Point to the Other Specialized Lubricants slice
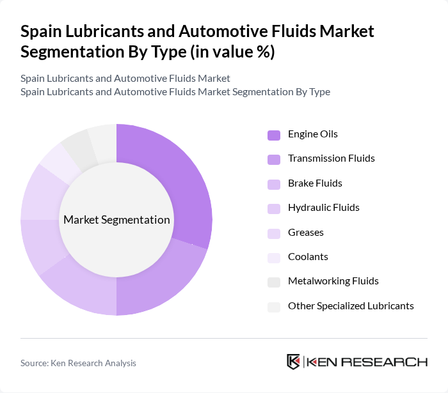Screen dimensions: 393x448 [102, 137]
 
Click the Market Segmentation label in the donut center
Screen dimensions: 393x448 [116, 220]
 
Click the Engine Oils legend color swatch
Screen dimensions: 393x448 [273, 135]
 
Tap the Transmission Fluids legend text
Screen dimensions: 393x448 [331, 158]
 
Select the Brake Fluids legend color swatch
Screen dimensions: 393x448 [273, 184]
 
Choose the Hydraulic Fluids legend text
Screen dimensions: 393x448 [323, 208]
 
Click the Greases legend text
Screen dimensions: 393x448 [305, 232]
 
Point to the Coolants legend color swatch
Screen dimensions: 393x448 [273, 258]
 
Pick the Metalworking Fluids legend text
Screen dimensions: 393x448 [333, 281]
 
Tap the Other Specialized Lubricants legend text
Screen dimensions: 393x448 [351, 305]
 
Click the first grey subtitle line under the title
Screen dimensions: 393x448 [125, 79]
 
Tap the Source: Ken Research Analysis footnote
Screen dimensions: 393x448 [78, 363]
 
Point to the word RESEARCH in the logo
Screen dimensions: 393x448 [390, 362]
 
